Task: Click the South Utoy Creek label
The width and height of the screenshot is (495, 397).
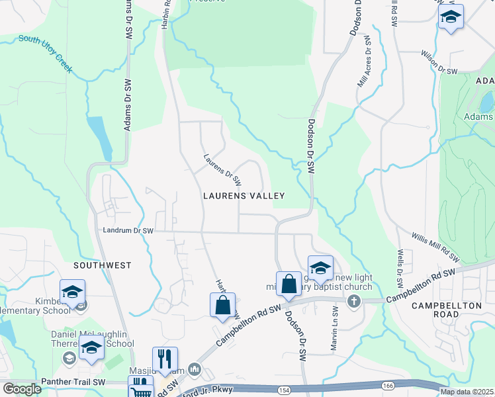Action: [x=46, y=53]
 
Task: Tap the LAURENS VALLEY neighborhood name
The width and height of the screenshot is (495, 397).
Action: [x=244, y=196]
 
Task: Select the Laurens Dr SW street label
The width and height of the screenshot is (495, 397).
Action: [x=222, y=170]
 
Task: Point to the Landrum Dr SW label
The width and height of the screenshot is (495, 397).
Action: [x=128, y=231]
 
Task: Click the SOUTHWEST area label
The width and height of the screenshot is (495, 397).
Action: [x=103, y=265]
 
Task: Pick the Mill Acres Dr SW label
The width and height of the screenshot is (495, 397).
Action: [x=364, y=64]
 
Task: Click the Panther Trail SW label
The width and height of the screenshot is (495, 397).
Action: [x=73, y=382]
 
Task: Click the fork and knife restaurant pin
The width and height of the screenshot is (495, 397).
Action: [x=165, y=359]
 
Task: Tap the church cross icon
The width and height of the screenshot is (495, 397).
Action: [x=354, y=302]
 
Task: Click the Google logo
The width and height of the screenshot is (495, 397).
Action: [x=22, y=389]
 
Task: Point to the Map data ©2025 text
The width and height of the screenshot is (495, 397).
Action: [x=466, y=392]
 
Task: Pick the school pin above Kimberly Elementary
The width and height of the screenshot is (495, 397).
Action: [x=73, y=291]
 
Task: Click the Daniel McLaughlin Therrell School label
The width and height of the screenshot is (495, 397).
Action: [x=93, y=339]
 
